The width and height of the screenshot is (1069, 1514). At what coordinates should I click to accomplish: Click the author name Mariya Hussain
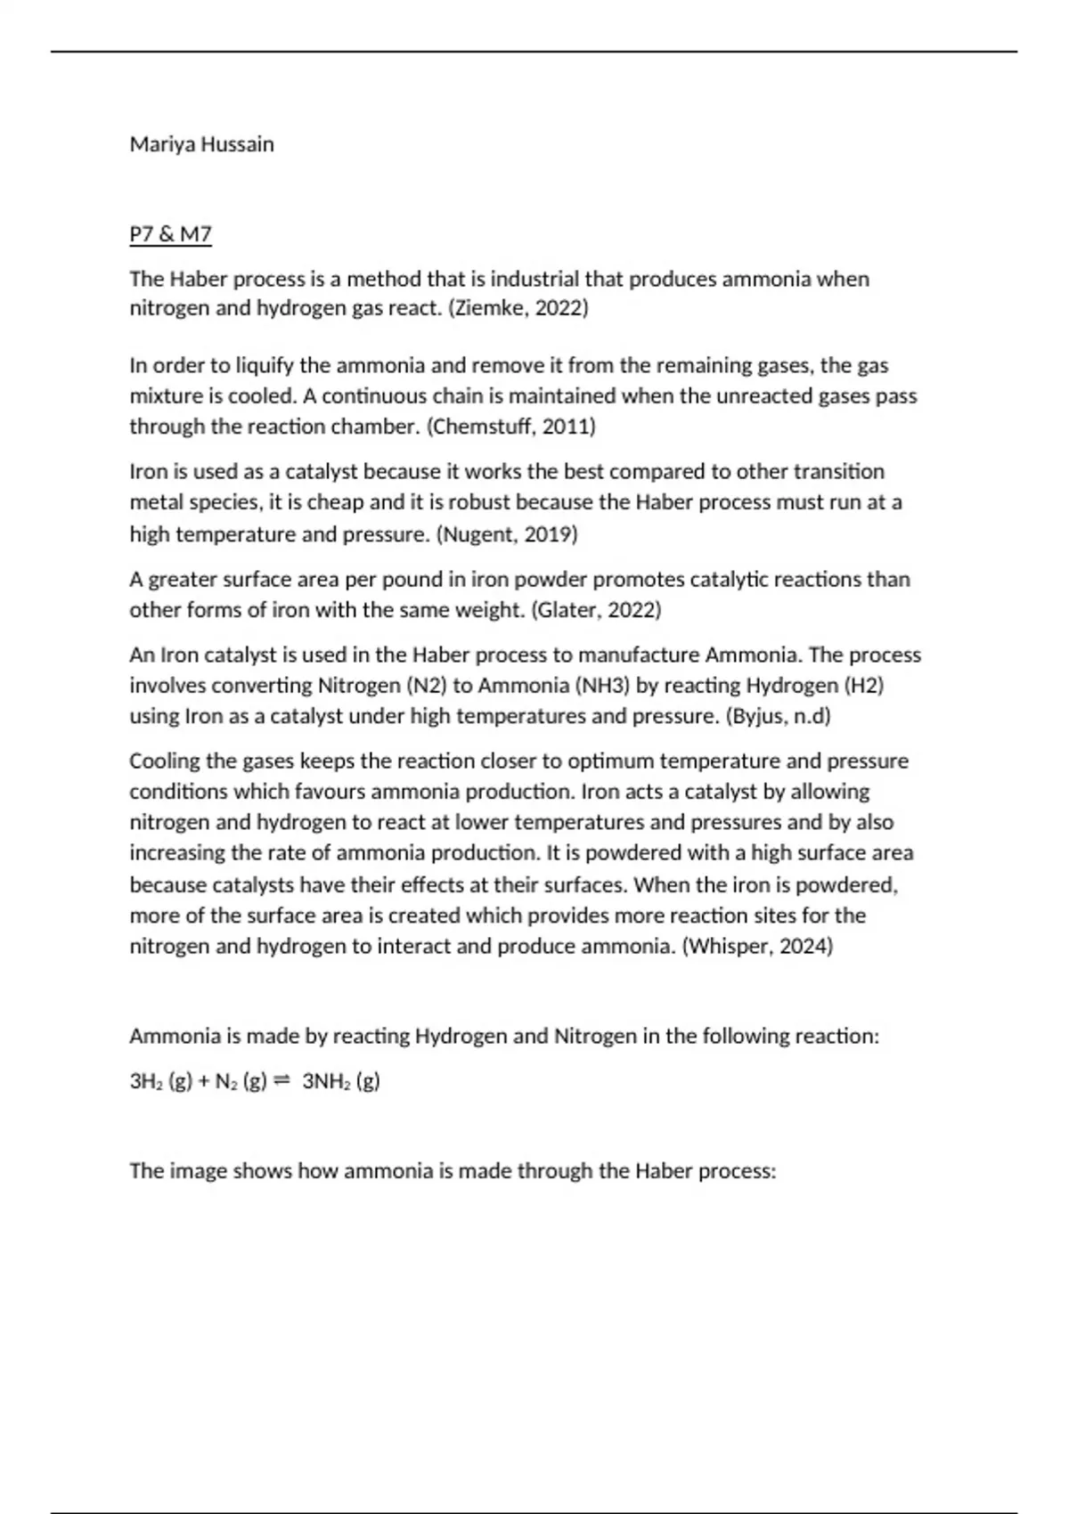[x=201, y=144]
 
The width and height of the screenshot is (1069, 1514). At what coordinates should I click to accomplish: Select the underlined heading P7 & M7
[x=170, y=234]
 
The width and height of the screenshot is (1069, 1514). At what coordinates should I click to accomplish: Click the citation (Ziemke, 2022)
[x=518, y=308]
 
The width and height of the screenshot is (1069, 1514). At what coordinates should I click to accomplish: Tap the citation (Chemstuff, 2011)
[x=511, y=427]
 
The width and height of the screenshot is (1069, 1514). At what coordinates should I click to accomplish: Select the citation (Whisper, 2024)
[x=757, y=946]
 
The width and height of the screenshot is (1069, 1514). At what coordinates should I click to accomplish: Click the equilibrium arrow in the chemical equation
[x=282, y=1080]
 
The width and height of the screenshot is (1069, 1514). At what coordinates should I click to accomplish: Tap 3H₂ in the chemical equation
[x=145, y=1081]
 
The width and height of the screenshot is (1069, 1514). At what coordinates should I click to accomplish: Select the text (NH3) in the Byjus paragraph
[x=604, y=686]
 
